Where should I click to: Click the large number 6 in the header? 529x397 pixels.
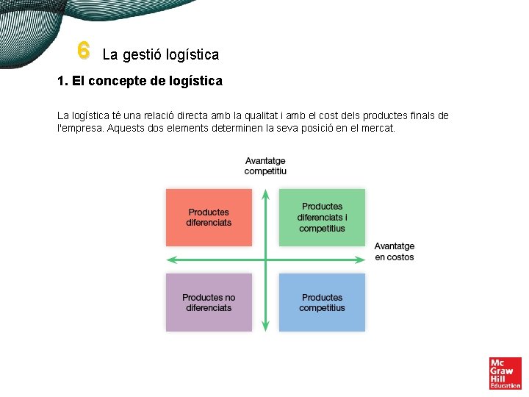coord(83,50)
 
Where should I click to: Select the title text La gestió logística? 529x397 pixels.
coord(160,54)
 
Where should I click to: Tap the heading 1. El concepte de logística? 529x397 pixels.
coord(140,81)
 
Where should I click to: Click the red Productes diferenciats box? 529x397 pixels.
coord(209,217)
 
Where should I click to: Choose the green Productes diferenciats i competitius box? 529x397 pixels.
coord(322,217)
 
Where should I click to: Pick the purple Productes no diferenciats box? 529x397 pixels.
coord(209,302)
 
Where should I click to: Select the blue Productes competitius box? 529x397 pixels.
coord(322,302)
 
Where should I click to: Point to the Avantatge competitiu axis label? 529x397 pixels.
coord(265,166)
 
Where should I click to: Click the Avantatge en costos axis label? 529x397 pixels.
coord(395,251)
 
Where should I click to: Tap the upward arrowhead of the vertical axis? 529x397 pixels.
coord(265,193)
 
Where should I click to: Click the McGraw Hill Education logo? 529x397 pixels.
coord(505,373)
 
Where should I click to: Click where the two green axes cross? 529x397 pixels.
coord(265,260)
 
